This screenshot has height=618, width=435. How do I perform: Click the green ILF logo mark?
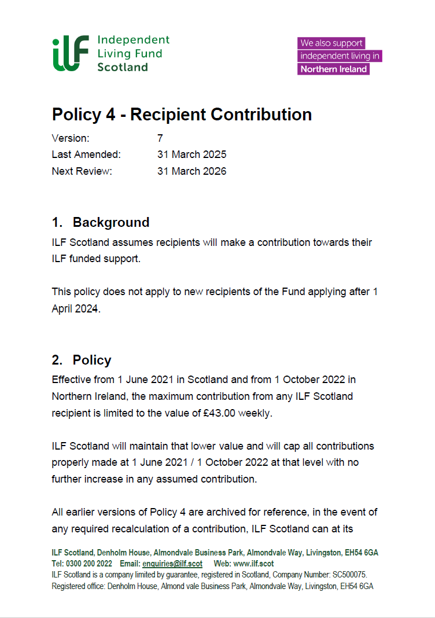click(71, 53)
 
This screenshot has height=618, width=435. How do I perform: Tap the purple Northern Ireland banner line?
click(334, 69)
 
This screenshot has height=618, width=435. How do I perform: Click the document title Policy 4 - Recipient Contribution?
click(182, 115)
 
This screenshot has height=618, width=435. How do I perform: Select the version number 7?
click(160, 138)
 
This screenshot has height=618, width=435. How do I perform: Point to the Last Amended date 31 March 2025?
click(191, 154)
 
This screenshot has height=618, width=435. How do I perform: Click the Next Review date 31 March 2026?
click(191, 171)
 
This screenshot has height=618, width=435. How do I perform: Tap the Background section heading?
click(110, 222)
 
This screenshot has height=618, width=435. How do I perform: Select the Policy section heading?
click(91, 360)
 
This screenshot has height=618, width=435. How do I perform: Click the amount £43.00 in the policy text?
click(219, 413)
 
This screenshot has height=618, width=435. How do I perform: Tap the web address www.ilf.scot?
click(253, 564)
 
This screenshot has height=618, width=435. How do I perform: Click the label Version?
click(71, 138)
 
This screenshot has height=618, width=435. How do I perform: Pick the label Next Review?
click(82, 171)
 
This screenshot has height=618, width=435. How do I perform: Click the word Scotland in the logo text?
click(122, 67)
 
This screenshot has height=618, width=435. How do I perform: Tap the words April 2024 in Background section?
click(75, 308)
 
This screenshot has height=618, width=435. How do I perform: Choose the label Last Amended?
click(86, 154)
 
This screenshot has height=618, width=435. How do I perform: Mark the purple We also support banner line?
click(331, 43)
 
